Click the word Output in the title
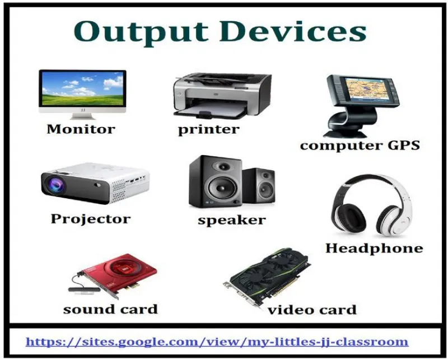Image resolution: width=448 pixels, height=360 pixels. coord(141,32)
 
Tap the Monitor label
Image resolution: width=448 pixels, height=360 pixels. coord(81,129)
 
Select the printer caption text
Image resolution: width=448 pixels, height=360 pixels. coord(208,130)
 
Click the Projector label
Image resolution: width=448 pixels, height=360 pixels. coord(91,219)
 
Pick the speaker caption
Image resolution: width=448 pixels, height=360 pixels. coord(232,220)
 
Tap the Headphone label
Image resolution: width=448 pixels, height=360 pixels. coord(374,248)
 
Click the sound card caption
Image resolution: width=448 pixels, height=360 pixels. coord(110,309)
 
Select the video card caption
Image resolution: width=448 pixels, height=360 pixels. coord(312,310)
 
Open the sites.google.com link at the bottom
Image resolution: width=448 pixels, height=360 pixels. coord(217,342)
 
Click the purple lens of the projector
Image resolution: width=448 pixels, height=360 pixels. coord(55,184)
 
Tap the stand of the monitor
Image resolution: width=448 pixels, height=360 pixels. coord(82,116)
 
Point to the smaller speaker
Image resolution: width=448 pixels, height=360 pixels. coord(259,186)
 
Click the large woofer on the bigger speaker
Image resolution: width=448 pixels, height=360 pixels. coord(222,189)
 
